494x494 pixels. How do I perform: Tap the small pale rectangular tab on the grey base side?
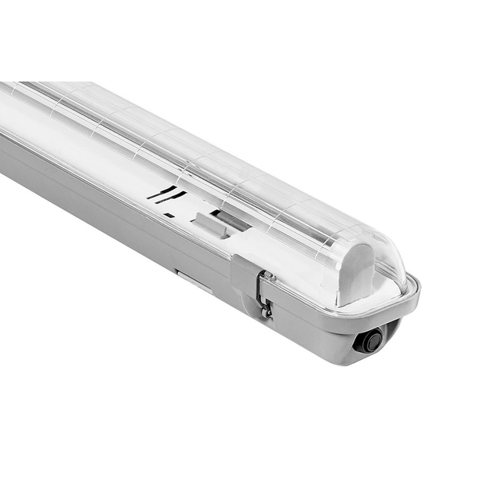[193, 281]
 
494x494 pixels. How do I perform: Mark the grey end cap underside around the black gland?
[337, 345]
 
